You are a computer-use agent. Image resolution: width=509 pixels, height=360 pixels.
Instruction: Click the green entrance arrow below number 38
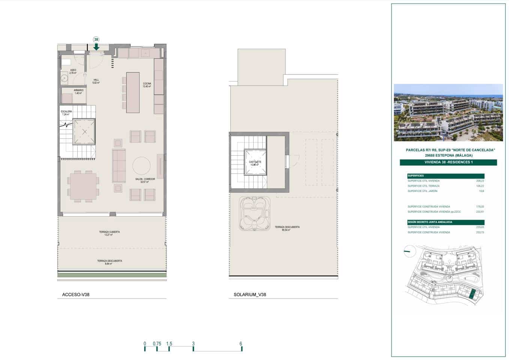click(96, 46)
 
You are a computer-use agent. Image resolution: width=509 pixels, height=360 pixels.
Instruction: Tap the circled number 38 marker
click(96, 39)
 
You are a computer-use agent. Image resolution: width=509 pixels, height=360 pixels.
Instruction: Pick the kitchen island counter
click(133, 92)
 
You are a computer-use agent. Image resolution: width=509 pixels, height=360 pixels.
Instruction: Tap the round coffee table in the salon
click(141, 165)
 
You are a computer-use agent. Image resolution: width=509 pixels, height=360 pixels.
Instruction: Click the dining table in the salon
click(83, 186)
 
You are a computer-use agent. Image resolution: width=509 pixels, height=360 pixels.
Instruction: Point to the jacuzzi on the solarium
click(255, 214)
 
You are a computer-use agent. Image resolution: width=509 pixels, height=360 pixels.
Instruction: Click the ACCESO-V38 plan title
click(76, 295)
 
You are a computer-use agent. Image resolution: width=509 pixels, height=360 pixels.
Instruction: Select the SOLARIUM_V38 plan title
click(249, 295)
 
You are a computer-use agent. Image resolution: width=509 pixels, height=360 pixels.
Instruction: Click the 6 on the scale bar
click(241, 344)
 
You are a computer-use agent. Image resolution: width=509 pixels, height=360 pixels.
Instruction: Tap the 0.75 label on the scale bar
click(157, 344)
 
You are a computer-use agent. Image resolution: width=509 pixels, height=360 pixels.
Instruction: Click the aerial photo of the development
click(448, 112)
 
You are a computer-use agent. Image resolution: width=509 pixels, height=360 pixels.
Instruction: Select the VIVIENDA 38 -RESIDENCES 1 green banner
click(448, 162)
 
